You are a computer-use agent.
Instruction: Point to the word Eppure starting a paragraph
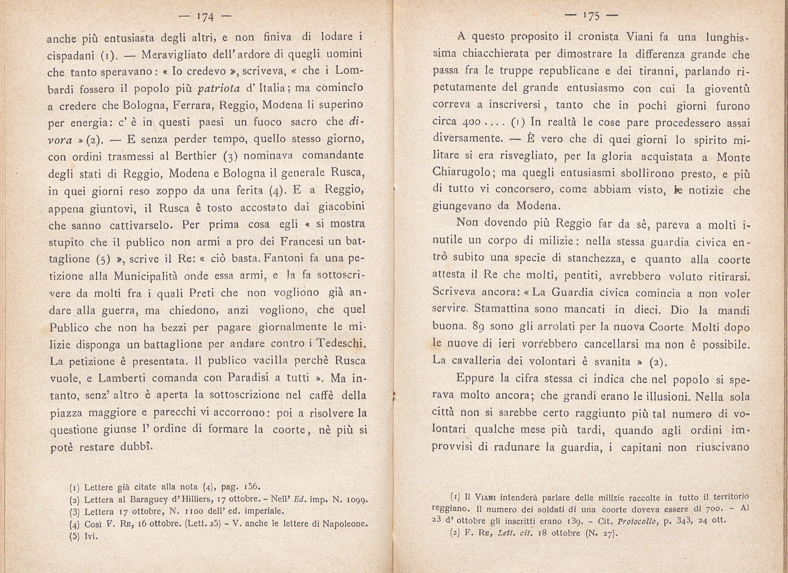pyautogui.click(x=475, y=378)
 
